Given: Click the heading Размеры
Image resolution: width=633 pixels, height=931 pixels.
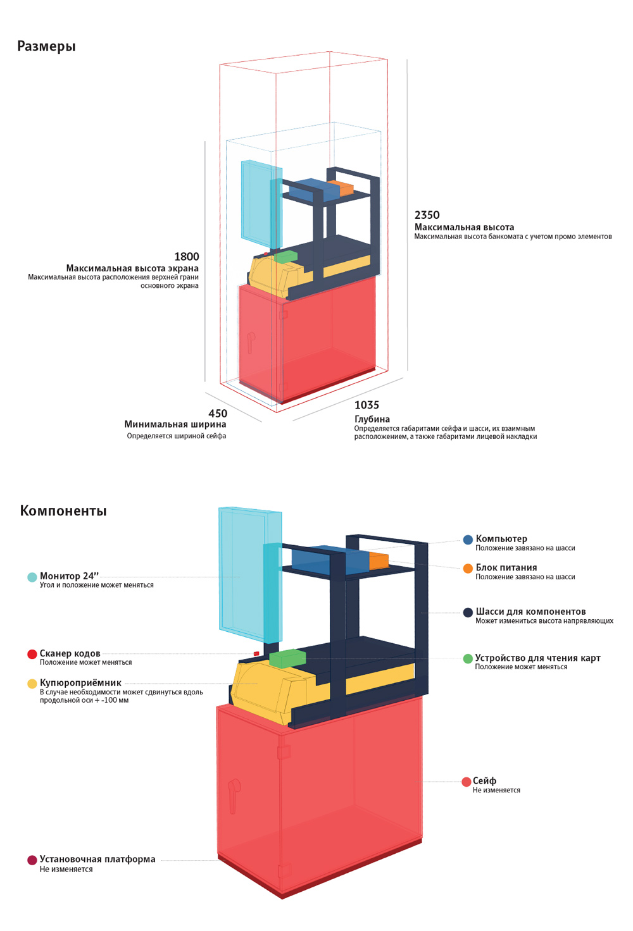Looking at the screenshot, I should click(x=46, y=46).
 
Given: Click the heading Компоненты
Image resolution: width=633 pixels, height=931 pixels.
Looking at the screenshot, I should click(x=63, y=511).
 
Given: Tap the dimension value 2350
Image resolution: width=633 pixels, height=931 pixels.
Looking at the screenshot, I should click(x=427, y=215).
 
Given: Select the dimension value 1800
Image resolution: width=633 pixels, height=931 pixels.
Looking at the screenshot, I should click(x=186, y=257).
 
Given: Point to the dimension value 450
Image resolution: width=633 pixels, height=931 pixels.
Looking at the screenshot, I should click(x=217, y=414).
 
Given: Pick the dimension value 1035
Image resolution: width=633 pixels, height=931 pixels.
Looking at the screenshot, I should click(x=367, y=405).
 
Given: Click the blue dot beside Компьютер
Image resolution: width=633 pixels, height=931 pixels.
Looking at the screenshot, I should click(x=468, y=539).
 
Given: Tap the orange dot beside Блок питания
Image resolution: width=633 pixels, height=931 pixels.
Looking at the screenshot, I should click(x=468, y=569).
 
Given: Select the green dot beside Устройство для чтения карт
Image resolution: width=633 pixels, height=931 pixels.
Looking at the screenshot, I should click(x=468, y=659).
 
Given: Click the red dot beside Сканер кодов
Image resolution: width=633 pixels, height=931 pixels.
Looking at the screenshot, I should click(x=32, y=654).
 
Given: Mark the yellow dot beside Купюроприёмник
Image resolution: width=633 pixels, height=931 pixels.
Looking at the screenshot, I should click(x=32, y=684).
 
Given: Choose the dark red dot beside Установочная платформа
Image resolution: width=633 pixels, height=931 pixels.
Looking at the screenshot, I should click(x=32, y=860).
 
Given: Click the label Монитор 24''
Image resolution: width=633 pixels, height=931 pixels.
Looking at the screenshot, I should click(x=69, y=576).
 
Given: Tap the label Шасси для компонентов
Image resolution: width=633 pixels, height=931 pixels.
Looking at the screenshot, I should click(x=530, y=612).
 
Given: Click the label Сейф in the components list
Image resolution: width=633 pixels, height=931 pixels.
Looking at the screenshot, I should click(x=484, y=781).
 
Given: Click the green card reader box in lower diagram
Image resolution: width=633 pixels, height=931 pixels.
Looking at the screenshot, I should click(x=287, y=658).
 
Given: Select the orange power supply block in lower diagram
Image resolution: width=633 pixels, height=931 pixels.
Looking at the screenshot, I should click(x=379, y=560).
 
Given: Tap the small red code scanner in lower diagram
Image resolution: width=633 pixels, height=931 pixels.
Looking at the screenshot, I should click(x=256, y=653).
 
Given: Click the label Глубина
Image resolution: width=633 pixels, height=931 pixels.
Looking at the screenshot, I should click(x=372, y=419).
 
